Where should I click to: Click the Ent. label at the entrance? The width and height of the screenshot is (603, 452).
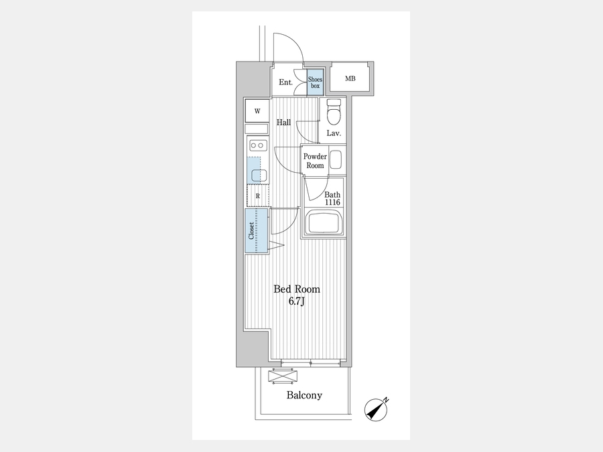[x=285, y=82]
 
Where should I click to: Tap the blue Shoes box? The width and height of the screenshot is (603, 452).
[x=315, y=82]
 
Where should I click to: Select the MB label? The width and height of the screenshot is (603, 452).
[x=350, y=79]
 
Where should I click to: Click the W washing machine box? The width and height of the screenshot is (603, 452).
[x=257, y=110]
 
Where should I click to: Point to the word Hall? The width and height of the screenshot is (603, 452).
[x=283, y=123]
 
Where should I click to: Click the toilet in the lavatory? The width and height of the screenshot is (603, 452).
[x=333, y=112]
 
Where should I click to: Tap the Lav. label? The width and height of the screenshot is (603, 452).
[x=334, y=133]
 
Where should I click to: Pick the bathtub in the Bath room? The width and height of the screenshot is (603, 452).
[x=324, y=222]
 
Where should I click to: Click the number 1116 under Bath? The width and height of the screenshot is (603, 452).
[x=333, y=202]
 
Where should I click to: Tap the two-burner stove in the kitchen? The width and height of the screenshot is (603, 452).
[x=257, y=145]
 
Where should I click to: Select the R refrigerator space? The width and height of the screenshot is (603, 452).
[x=257, y=196]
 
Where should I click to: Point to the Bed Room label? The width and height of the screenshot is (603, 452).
[x=297, y=289]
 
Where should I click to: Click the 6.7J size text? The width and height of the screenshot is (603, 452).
[x=297, y=301]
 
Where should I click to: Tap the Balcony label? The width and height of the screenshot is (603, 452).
[x=304, y=395]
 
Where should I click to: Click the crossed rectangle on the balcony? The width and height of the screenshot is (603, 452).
[x=280, y=376]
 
